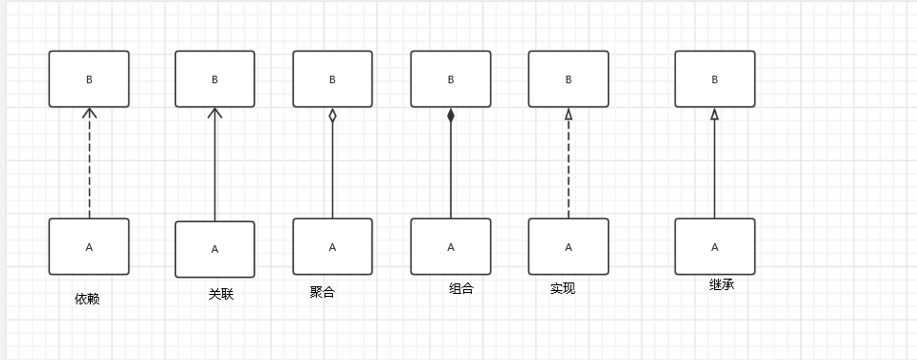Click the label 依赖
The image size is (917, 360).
[x=87, y=299]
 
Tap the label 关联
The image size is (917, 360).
[x=221, y=294]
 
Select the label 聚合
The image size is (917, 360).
[x=322, y=292]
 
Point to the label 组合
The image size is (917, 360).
[x=461, y=288]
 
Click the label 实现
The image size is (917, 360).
[x=563, y=288]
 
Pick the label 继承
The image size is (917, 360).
[x=722, y=284]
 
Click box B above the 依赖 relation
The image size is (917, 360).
[x=89, y=79]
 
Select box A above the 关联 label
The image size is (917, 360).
[x=214, y=249]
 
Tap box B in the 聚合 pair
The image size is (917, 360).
[x=332, y=79]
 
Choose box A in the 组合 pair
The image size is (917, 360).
[x=451, y=247]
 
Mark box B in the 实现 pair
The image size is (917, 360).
[x=569, y=79]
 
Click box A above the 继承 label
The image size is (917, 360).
[x=715, y=247]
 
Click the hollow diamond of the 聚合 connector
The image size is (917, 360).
[x=332, y=116]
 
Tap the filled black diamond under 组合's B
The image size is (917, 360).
[x=451, y=116]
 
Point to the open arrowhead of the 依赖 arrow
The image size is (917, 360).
[x=89, y=113]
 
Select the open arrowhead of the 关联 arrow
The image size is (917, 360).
[x=214, y=113]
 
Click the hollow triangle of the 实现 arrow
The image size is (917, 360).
[x=569, y=114]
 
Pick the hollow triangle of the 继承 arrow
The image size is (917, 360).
[x=715, y=114]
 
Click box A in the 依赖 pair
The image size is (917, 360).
[x=89, y=247]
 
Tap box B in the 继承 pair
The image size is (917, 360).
[x=715, y=79]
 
